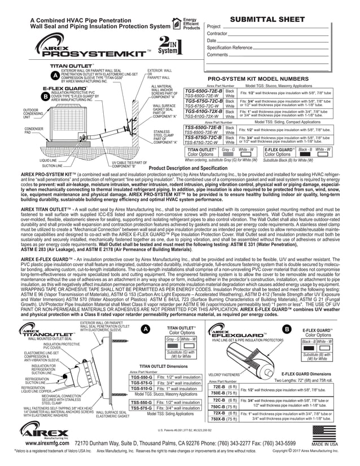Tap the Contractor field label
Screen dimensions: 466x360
[x=219, y=34]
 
